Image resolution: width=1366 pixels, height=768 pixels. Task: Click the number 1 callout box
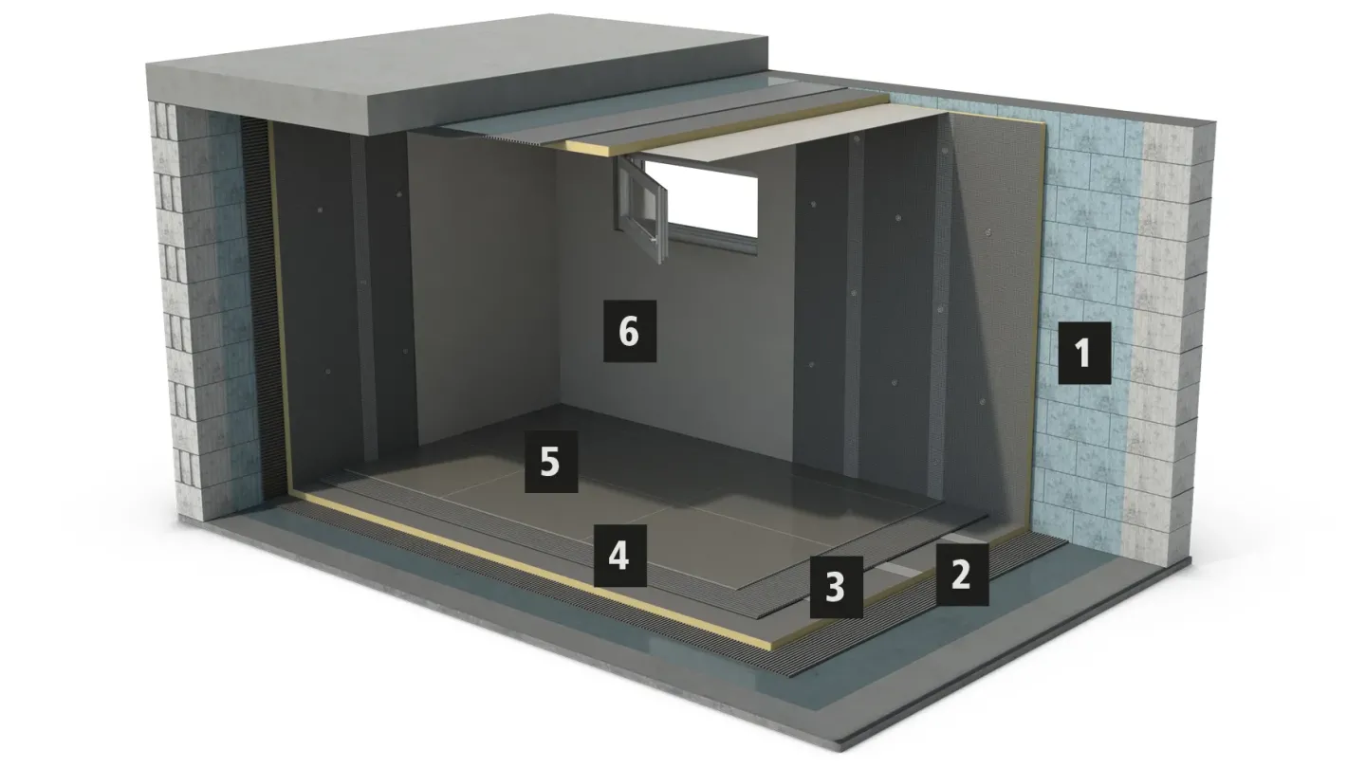tap(1084, 353)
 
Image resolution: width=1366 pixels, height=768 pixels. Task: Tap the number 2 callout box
tap(962, 575)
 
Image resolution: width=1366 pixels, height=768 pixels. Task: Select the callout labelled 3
tap(836, 587)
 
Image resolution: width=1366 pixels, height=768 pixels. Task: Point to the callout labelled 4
tap(620, 556)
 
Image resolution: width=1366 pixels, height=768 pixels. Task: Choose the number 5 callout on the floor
tap(551, 462)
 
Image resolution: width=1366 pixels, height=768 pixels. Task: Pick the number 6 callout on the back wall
tap(630, 331)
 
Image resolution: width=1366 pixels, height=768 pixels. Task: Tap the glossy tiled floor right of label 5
tap(701, 487)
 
